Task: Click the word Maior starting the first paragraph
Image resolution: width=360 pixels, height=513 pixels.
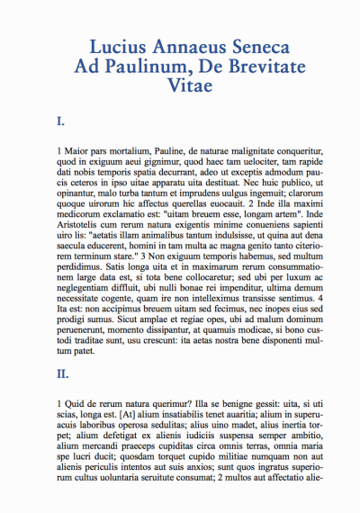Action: pyautogui.click(x=77, y=149)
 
